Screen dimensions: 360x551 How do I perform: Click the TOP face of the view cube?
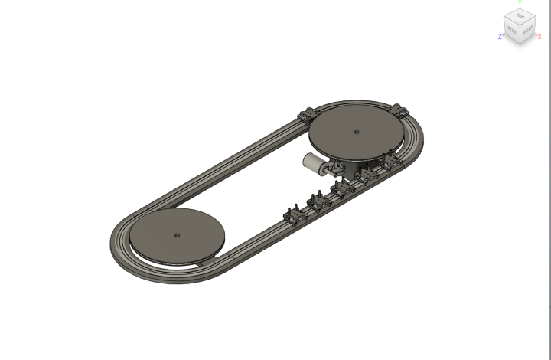(520, 16)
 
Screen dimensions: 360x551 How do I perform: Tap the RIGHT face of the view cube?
(527, 31)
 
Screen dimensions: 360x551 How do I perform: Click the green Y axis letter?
(520, 3)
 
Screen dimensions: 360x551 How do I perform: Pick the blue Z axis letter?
(500, 36)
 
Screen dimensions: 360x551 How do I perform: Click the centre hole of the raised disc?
(356, 131)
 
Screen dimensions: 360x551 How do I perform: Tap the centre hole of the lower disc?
(176, 235)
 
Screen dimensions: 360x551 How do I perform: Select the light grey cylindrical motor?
(314, 162)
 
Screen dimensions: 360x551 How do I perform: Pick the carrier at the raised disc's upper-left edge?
(308, 116)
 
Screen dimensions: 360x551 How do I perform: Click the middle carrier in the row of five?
(341, 188)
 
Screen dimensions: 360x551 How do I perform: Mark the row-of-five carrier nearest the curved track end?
(392, 161)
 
